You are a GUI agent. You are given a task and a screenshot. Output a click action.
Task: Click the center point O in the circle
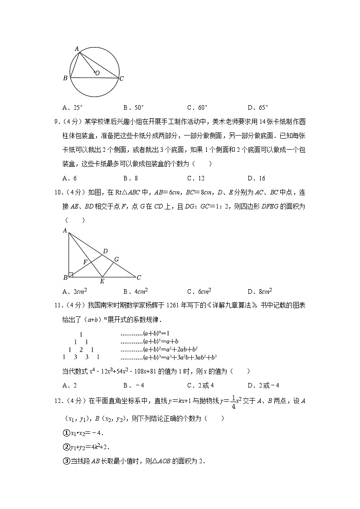point(94,71)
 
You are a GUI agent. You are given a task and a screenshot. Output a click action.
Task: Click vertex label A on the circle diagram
point(77,48)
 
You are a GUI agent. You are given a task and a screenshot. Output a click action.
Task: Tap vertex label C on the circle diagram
point(122,78)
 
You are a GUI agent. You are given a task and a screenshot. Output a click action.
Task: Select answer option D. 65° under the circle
point(258,107)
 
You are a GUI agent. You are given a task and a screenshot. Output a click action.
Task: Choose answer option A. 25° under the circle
point(73,107)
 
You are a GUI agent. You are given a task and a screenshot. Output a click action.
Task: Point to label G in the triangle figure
point(117,259)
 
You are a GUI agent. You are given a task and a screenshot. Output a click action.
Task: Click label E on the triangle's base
point(102,281)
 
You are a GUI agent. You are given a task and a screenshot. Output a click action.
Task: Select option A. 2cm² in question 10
point(75,291)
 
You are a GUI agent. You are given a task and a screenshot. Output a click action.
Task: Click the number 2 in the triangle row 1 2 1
point(81,349)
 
